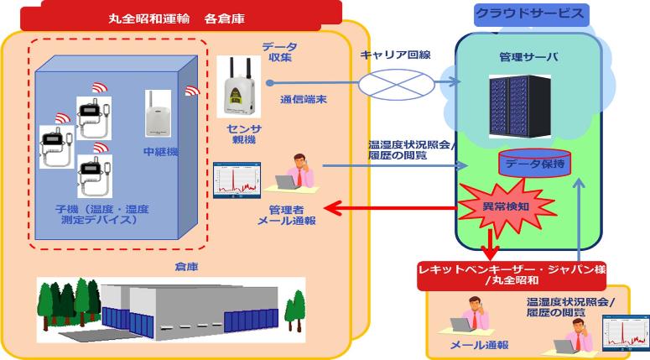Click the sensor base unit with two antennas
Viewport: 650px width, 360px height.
click(242, 87)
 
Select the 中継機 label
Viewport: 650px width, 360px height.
click(159, 152)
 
